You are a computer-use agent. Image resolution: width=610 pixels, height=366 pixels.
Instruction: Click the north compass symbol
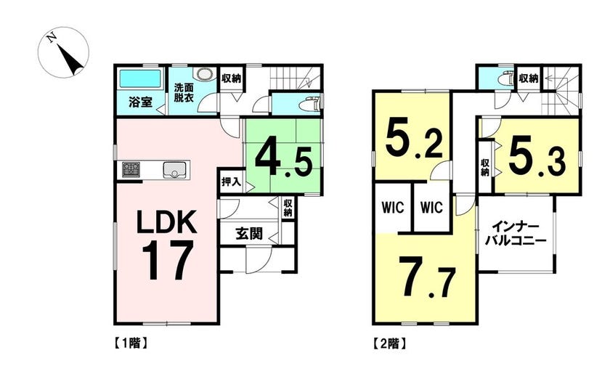click(x=63, y=52)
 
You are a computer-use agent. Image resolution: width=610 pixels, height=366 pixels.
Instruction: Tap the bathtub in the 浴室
click(x=139, y=78)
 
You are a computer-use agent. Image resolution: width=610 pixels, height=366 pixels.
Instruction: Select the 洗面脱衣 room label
click(x=184, y=92)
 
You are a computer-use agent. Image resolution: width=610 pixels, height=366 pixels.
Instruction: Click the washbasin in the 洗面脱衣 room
click(x=205, y=74)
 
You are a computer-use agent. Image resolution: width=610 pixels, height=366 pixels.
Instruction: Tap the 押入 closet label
click(x=231, y=182)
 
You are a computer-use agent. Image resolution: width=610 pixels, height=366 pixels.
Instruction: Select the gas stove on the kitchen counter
click(x=131, y=170)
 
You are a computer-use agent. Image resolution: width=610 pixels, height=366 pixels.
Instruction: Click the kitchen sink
click(x=175, y=170)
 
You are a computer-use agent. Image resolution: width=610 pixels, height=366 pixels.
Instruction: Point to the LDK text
click(x=166, y=222)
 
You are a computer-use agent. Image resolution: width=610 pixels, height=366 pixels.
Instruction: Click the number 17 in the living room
click(x=168, y=260)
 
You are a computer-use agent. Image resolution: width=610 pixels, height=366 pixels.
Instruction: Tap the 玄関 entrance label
click(x=248, y=234)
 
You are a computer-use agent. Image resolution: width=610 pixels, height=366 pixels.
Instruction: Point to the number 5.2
click(x=414, y=141)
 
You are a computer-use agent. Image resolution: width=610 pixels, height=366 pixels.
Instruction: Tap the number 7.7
click(x=427, y=277)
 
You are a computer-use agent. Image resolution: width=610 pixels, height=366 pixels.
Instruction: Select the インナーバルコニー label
click(x=516, y=233)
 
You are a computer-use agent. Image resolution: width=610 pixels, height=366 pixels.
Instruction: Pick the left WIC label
click(x=393, y=207)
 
